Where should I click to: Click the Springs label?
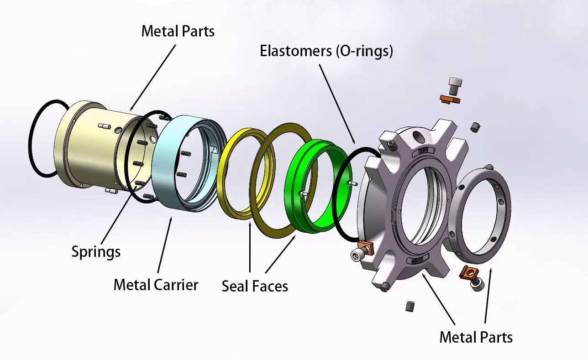coord(96,251)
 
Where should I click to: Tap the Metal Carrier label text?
coord(156,285)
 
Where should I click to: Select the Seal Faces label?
coord(255,286)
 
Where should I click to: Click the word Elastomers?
coord(296,51)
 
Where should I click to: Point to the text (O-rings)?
coord(364,51)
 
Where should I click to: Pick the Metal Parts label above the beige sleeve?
coord(178,31)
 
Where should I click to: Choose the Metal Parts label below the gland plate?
coord(476,337)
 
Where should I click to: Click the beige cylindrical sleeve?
coord(87,146)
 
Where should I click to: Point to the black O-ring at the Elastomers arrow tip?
coord(340,196)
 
